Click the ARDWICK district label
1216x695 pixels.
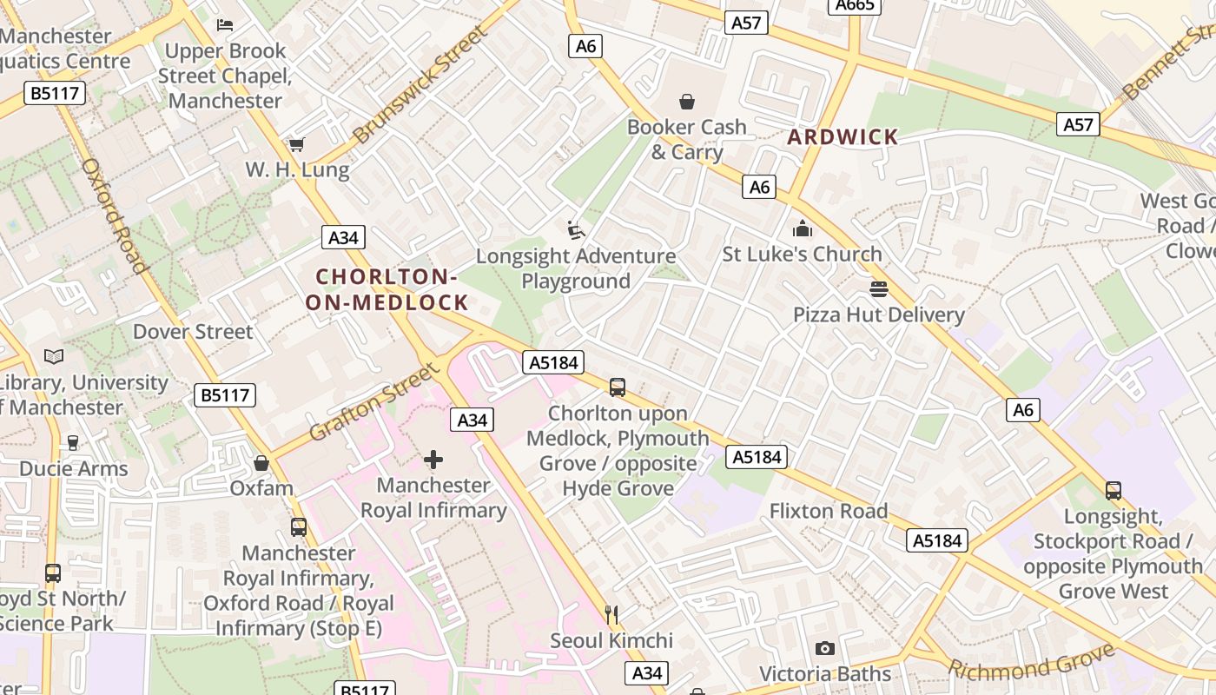coord(843,137)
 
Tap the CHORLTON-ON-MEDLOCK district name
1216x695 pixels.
coord(387,290)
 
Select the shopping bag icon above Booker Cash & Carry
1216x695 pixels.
coord(687,102)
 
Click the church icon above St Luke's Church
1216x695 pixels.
coord(802,229)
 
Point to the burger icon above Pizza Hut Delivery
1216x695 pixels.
coord(879,289)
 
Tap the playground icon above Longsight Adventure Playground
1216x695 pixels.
coord(575,230)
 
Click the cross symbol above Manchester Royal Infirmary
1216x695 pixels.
coord(433,460)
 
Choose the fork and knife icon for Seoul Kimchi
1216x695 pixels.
coord(611,615)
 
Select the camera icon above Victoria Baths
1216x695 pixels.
coord(825,648)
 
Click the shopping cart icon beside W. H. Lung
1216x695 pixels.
coord(297,144)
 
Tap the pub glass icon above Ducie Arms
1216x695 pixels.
coord(73,443)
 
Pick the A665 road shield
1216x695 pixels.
coord(854,6)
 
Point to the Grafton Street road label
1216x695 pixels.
coord(374,402)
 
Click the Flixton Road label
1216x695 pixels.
coord(829,511)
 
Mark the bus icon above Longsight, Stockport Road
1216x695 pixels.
coord(1114,491)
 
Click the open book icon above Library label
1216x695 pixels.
coord(54,357)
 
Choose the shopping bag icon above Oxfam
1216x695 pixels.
coord(261,463)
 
